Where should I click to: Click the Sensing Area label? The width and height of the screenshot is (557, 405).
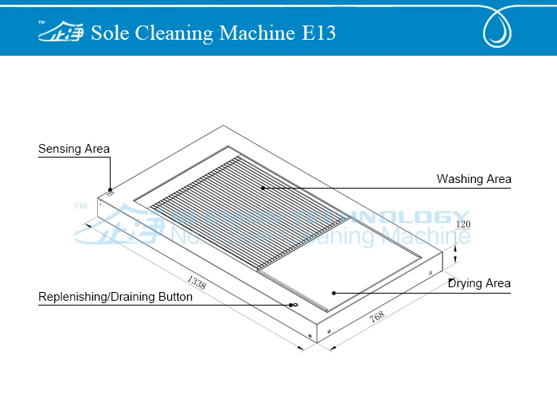click(x=74, y=149)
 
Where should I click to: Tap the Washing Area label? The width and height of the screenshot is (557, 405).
click(x=473, y=179)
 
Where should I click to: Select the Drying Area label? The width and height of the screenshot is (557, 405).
click(x=479, y=283)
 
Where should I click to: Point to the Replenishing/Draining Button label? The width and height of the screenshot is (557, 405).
click(x=115, y=297)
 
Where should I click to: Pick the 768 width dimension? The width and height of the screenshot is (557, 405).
click(x=377, y=317)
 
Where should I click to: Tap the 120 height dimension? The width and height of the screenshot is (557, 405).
click(x=463, y=224)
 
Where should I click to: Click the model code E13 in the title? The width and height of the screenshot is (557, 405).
click(x=318, y=33)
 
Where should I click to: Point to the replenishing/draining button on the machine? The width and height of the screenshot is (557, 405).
click(x=293, y=305)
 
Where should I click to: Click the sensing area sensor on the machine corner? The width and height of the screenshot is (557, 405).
click(x=111, y=192)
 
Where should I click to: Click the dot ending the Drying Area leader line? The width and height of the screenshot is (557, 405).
click(x=335, y=292)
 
